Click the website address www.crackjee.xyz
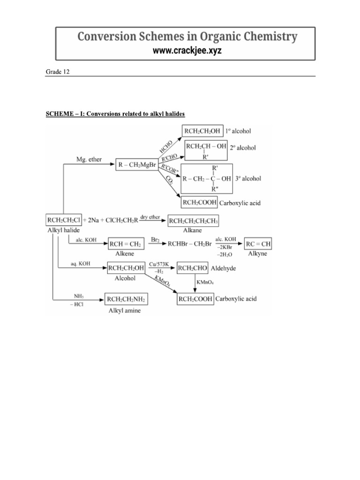[x=187, y=51]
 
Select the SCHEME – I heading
[x=115, y=114]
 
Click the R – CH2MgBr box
[x=136, y=165]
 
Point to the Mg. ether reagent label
[x=89, y=160]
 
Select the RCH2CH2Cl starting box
[x=64, y=219]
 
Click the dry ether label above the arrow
[x=150, y=217]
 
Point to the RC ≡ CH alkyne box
[x=259, y=244]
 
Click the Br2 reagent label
[x=156, y=240]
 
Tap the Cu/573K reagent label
[x=159, y=265]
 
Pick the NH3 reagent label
[x=79, y=296]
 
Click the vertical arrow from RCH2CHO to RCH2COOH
[x=195, y=284]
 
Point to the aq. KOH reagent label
[x=80, y=264]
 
